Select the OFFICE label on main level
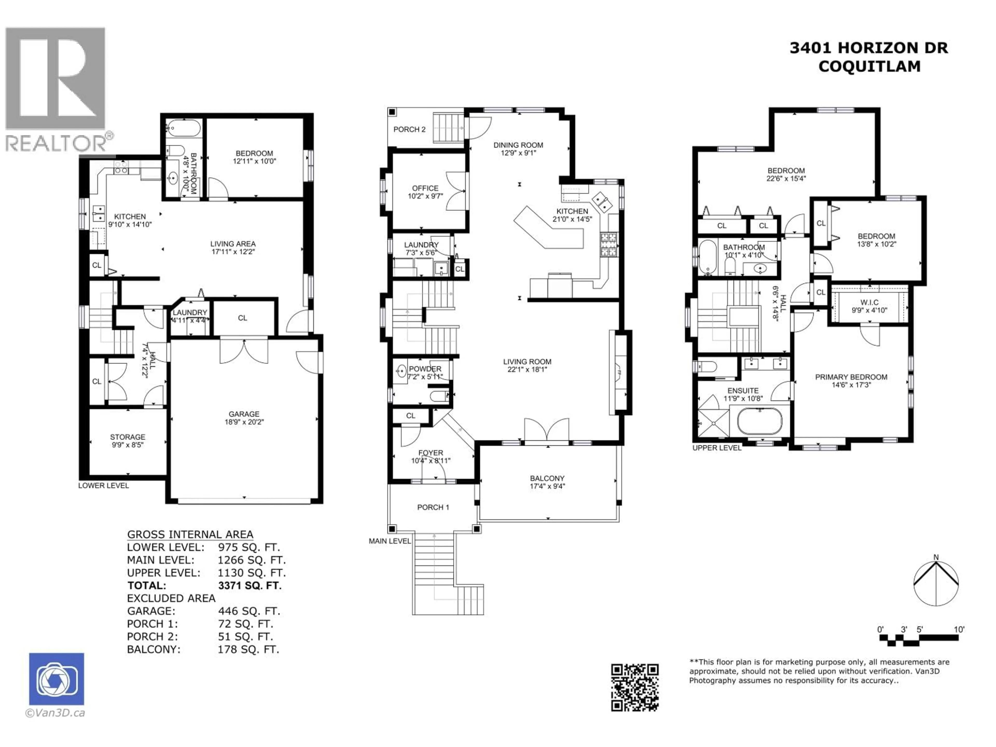click(x=425, y=188)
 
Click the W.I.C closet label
click(x=869, y=303)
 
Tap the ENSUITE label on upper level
click(x=743, y=391)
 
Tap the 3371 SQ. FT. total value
click(x=250, y=586)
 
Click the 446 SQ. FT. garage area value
click(x=248, y=611)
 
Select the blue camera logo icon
click(x=56, y=679)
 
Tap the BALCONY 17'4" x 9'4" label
click(x=547, y=482)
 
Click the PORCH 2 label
click(x=409, y=130)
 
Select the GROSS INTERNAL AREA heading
click(x=190, y=535)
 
